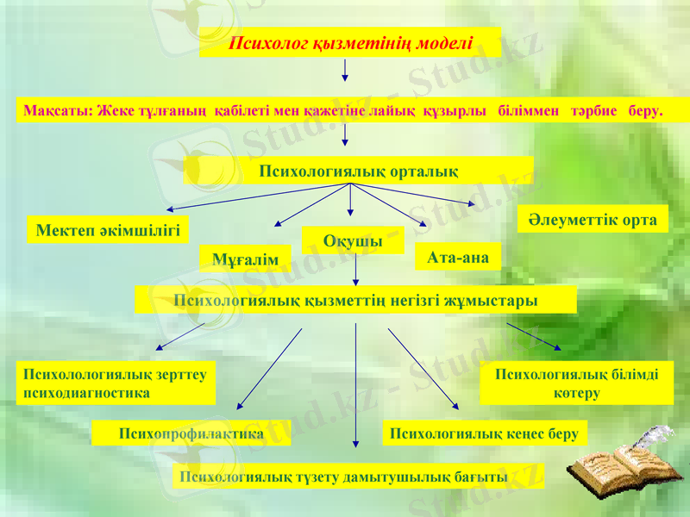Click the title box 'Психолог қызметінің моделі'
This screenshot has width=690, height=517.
[350, 43]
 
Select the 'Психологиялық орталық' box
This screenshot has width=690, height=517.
[359, 171]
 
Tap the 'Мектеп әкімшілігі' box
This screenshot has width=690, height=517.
[108, 229]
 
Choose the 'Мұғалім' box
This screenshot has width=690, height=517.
[246, 258]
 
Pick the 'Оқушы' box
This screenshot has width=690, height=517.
[353, 240]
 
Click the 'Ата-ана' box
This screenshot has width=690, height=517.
[458, 257]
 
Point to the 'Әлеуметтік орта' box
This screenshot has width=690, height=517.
[593, 219]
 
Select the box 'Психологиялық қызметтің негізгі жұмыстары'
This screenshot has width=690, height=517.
[355, 300]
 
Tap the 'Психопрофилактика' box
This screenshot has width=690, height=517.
[191, 433]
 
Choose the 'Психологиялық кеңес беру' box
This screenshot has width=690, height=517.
[484, 433]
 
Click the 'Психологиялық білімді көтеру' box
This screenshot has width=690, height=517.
[576, 383]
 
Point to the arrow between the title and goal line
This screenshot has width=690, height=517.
[345, 72]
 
